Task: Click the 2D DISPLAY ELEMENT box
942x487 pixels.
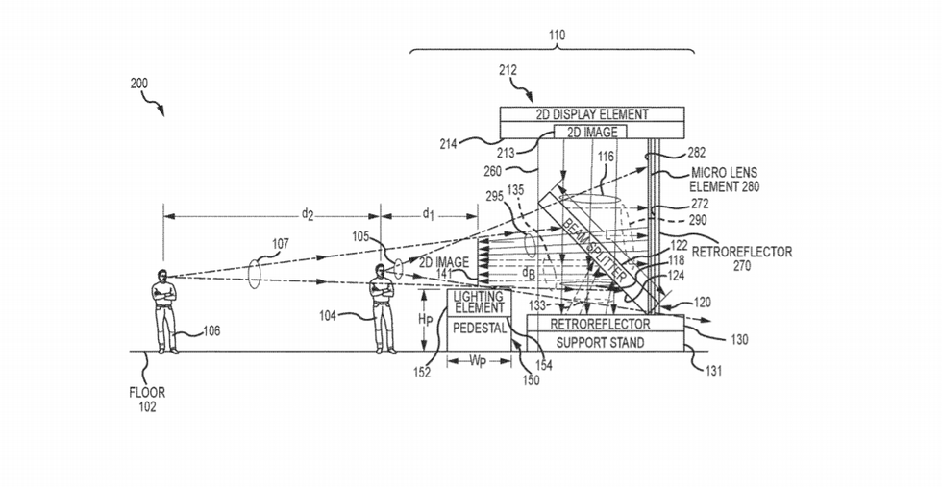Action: point(591,114)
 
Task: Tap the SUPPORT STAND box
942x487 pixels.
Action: point(601,342)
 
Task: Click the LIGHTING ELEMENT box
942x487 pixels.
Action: point(479,302)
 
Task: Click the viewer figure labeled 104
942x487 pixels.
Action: point(384,311)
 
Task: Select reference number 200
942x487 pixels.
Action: point(139,84)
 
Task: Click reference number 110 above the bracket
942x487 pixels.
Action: point(557,36)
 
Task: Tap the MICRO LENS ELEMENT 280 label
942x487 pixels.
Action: point(724,180)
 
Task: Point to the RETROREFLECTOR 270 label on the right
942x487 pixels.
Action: point(748,258)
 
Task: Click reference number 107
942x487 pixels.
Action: point(279,244)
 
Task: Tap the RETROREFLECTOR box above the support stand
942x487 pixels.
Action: point(601,325)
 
